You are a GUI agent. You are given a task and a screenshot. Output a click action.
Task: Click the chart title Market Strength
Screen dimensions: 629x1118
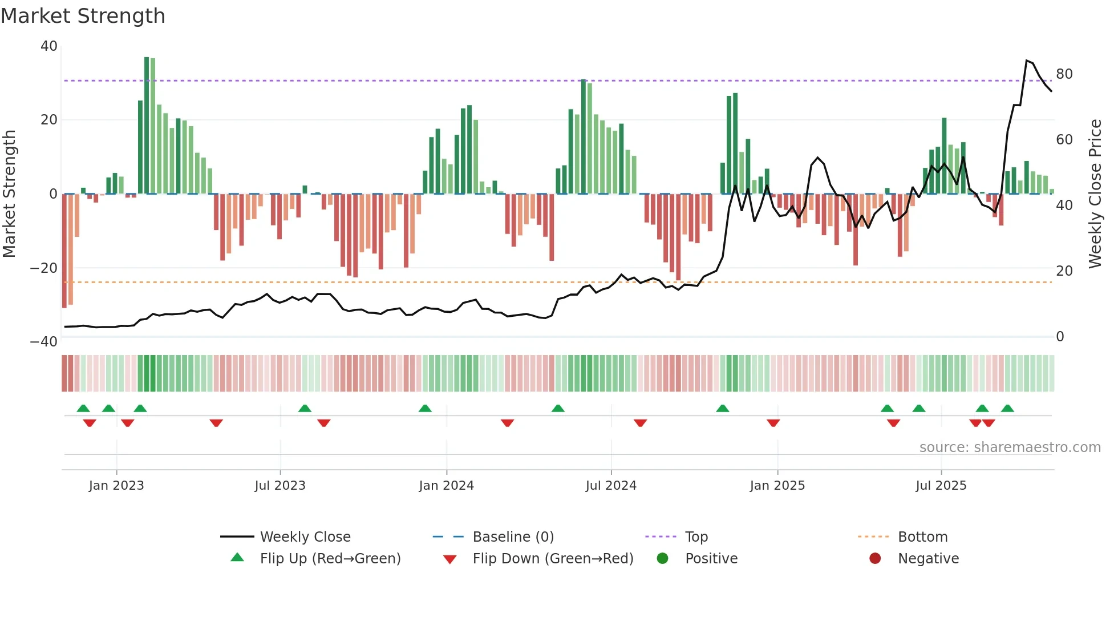pos(83,16)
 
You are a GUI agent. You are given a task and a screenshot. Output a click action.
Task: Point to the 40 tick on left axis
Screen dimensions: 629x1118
pos(49,46)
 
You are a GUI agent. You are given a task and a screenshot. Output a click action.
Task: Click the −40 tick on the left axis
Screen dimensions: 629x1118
pos(44,342)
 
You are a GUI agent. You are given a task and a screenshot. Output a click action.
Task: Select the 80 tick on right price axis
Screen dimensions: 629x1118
pos(1064,74)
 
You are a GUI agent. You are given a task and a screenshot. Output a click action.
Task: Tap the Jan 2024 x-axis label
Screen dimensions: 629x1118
pos(446,486)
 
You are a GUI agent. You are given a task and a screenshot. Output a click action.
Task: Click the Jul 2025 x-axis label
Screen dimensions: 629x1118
pos(941,486)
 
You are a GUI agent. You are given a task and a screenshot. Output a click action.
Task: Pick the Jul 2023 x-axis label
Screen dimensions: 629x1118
pos(280,486)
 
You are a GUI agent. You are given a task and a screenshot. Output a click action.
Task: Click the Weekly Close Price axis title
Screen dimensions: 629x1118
pos(1095,193)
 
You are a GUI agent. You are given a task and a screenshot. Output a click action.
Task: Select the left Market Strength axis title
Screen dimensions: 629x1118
pos(10,193)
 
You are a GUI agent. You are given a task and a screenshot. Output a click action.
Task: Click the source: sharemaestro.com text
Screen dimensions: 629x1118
pos(1010,447)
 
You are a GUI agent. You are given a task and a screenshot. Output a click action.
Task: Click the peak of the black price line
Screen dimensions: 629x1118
pos(1026,61)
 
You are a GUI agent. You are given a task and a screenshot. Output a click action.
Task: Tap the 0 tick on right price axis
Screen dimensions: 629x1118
pos(1060,337)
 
